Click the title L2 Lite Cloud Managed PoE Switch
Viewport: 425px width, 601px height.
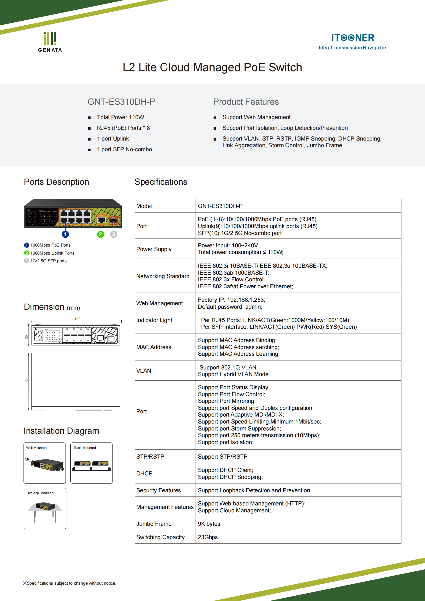point(212,67)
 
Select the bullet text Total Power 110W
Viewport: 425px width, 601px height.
point(120,117)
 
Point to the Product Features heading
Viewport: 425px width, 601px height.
point(246,102)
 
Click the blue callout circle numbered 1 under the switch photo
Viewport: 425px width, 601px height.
point(65,235)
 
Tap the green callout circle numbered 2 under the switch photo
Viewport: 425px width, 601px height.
point(100,235)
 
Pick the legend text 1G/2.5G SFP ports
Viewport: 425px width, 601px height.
point(48,261)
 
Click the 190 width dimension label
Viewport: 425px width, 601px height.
point(77,319)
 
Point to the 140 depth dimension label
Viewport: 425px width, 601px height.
point(26,379)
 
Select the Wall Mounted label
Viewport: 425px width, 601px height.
point(36,448)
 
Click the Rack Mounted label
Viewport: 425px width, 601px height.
point(85,448)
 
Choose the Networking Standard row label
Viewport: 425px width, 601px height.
point(163,276)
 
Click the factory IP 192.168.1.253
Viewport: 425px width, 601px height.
point(246,300)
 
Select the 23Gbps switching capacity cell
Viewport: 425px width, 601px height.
point(208,537)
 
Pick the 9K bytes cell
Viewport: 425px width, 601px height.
point(209,524)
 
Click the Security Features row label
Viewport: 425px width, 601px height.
point(159,490)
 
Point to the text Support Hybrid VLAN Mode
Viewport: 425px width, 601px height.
point(234,374)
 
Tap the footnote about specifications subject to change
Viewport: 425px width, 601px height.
point(70,583)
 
